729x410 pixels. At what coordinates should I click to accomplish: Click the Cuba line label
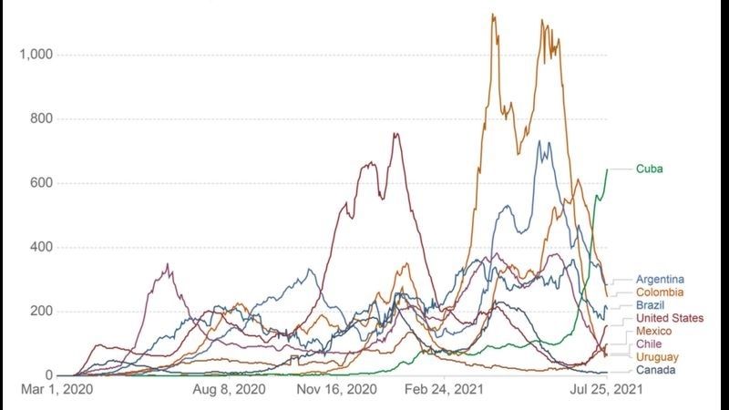point(649,169)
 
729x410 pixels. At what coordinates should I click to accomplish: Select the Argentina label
point(661,279)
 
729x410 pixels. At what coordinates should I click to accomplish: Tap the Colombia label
point(660,292)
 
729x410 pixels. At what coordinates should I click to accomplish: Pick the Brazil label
point(651,305)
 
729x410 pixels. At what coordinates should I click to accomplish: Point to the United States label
point(670,318)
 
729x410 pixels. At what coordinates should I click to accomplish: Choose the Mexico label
point(653,331)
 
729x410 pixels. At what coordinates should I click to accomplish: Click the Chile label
point(649,343)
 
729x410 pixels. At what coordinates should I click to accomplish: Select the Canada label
point(656,370)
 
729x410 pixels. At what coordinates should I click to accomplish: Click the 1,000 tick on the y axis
point(36,55)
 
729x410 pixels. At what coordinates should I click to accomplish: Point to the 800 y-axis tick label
point(41,119)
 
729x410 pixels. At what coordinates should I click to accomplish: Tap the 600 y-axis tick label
point(41,183)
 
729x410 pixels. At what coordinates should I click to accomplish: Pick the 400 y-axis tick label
point(41,248)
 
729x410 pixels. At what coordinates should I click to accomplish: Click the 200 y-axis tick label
point(41,312)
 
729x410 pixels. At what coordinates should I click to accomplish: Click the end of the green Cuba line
point(607,169)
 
